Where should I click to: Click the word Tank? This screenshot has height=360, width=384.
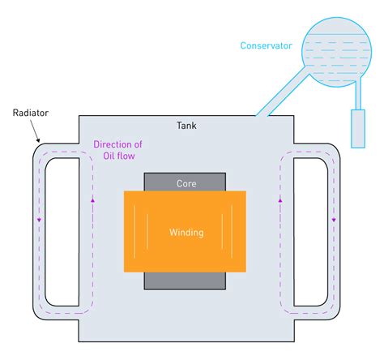click(x=186, y=126)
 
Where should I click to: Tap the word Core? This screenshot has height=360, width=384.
click(x=186, y=184)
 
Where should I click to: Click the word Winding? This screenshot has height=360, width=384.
click(x=186, y=233)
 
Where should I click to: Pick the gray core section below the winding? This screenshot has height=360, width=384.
click(x=186, y=280)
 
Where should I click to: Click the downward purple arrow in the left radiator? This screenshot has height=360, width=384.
click(x=38, y=219)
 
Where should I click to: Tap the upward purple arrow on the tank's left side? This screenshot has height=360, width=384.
click(x=93, y=200)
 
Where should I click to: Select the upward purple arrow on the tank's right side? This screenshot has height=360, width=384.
click(x=279, y=199)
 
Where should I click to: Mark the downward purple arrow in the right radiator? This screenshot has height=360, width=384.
click(x=334, y=219)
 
